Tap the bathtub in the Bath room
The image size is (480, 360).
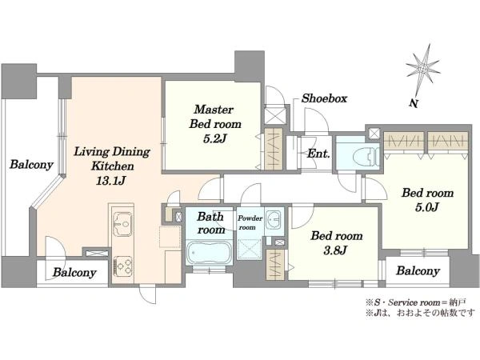coord(209,252)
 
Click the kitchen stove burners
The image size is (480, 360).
coord(123,266)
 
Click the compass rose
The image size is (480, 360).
coord(423,69)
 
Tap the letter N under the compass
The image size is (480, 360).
coord(414,103)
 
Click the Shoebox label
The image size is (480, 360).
coord(325,98)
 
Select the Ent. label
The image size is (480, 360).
coord(318,153)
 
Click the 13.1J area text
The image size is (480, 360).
coord(111,181)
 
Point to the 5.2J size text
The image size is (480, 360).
coord(214,138)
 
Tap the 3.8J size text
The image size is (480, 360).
coord(335,250)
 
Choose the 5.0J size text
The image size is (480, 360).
coord(427,207)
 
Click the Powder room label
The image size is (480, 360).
coord(250,222)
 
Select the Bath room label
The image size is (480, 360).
coord(211,223)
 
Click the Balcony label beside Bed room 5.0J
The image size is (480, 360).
coord(418,270)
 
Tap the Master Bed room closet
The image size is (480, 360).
coord(274,149)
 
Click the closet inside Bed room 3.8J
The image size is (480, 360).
coord(275,265)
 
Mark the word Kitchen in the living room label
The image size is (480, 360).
coord(113,166)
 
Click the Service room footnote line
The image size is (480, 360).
coord(416,302)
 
